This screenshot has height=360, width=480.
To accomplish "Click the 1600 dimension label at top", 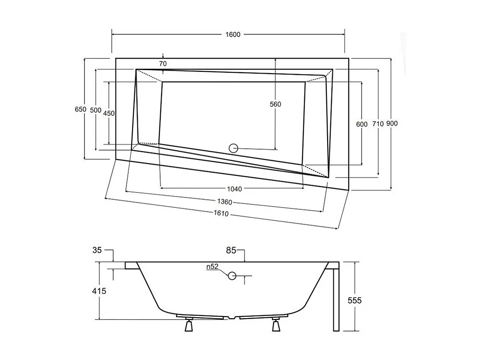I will pos(233,34).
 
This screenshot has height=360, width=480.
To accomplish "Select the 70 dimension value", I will pos(163,64).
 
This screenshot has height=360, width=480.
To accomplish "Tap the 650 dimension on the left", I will pos(81,109).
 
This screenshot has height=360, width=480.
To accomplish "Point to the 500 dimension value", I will pos(96,110).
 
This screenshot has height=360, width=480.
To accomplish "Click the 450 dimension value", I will pos(109,113).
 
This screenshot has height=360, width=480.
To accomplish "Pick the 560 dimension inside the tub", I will pos(275,104).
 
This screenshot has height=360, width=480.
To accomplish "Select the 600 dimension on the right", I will pos(362,124).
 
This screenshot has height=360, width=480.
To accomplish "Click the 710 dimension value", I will pos(378,124).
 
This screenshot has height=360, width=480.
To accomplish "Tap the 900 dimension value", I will pos(392,124).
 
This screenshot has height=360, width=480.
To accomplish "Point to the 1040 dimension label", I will pos(234,189).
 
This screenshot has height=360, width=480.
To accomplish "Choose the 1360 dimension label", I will pos(225,202).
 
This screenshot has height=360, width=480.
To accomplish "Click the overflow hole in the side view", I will pos(232,276).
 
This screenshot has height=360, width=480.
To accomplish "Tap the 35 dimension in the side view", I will pos(97,250).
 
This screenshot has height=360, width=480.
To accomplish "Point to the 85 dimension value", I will pos(231,251).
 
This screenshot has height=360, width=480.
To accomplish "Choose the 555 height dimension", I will pos(354,301).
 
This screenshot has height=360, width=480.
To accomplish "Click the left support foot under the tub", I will pos(189,325).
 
